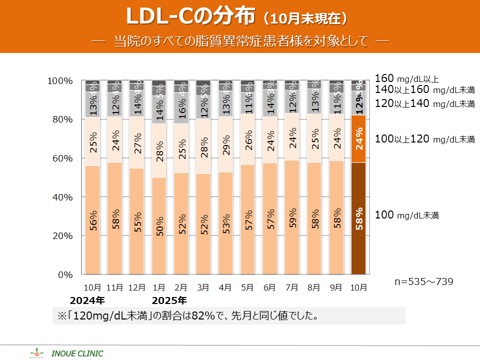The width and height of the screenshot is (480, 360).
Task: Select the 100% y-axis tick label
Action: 60,81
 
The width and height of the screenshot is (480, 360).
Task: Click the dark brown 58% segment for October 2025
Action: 359,218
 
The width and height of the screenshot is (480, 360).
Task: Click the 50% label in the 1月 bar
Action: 159,226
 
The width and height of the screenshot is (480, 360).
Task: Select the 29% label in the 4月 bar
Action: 226,145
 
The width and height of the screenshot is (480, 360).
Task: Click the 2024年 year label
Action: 87,300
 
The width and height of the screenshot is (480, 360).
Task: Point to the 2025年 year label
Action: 169,300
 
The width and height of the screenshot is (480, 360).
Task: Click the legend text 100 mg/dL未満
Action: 406,215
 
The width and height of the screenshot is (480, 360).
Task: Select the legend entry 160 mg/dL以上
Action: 406,78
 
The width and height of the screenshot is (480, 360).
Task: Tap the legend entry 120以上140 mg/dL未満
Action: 424,104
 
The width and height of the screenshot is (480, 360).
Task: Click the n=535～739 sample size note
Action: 424,281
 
